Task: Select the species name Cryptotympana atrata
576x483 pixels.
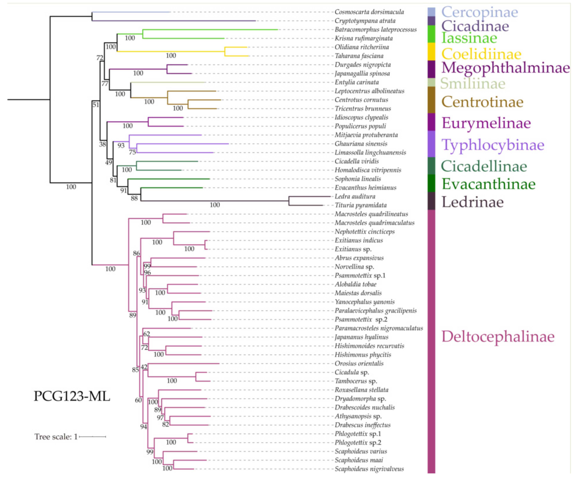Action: (365, 21)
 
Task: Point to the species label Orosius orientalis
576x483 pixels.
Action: (359, 363)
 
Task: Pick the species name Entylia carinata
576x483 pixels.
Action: (357, 82)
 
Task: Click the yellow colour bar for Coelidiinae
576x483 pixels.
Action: (432, 51)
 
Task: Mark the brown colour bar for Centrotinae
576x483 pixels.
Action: (432, 100)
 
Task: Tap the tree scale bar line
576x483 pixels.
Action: (92, 436)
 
